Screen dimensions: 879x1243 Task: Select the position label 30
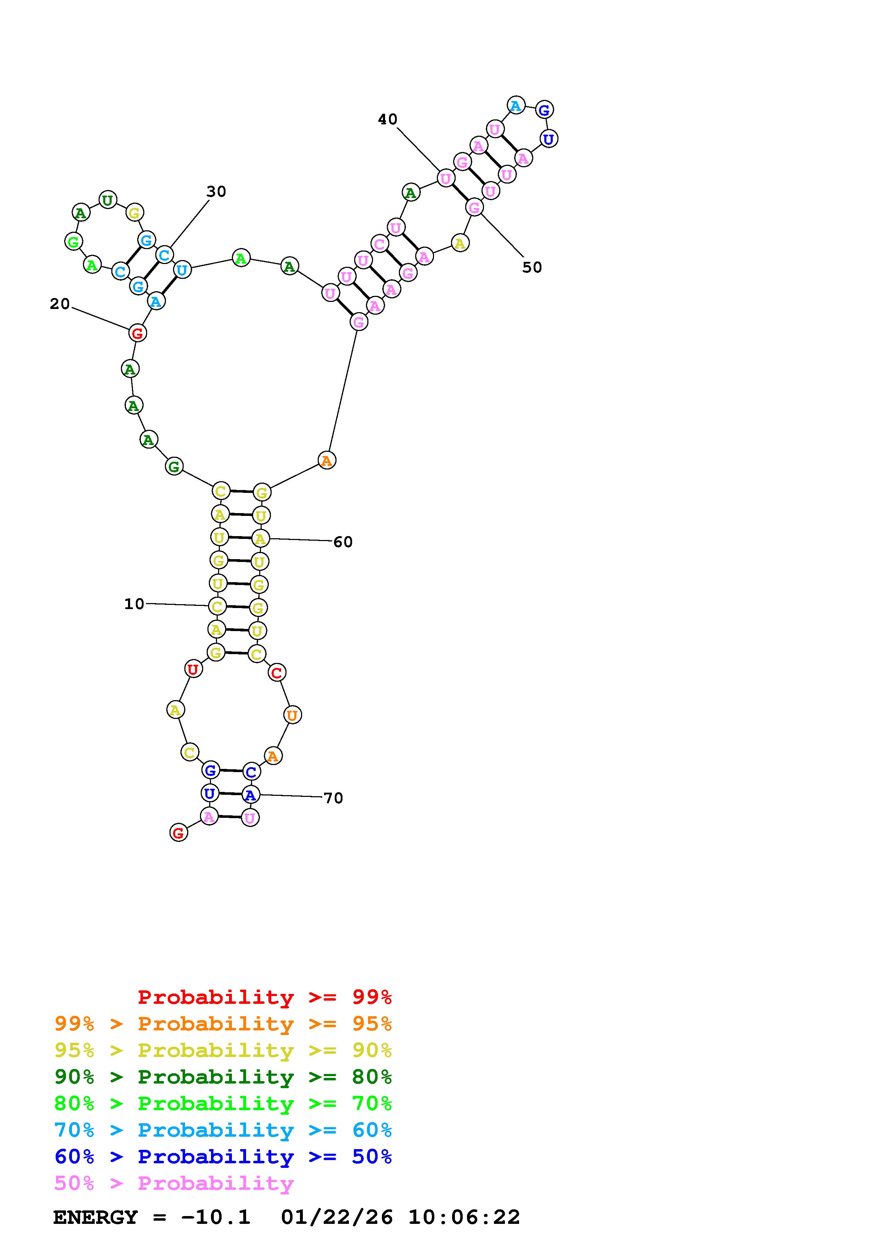tap(216, 192)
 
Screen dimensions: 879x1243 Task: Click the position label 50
tap(532, 268)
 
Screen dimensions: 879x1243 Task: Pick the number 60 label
tap(343, 542)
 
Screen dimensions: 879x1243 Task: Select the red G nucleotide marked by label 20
tap(138, 333)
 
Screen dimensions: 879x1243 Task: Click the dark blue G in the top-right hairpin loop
tap(544, 110)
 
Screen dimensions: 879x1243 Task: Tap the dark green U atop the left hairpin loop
tap(108, 200)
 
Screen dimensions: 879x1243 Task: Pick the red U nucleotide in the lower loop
tap(193, 669)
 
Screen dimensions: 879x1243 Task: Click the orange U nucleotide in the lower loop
tap(292, 715)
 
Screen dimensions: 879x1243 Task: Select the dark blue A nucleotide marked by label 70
tap(250, 795)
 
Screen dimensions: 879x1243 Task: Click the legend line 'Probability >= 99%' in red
tap(265, 997)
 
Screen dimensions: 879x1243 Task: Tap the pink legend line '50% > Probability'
tap(174, 1183)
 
